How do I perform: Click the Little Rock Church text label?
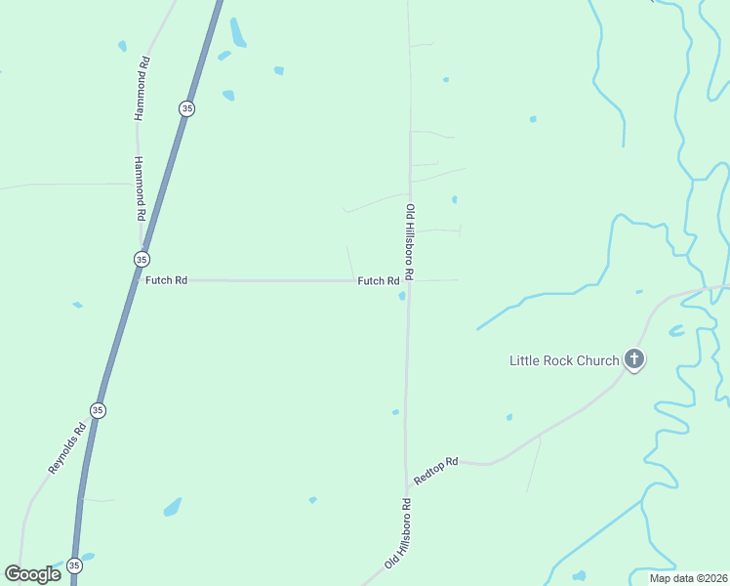(x=564, y=360)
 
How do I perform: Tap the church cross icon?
(x=634, y=360)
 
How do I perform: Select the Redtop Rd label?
(x=435, y=471)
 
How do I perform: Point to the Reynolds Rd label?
(x=67, y=448)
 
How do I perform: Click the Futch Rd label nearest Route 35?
(x=166, y=280)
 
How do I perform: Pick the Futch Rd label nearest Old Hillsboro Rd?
(x=379, y=280)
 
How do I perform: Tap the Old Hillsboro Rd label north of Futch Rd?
(x=411, y=239)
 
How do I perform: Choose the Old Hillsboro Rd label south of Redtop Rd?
(x=399, y=533)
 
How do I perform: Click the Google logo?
(x=32, y=574)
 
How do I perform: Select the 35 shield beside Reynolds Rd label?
(x=98, y=409)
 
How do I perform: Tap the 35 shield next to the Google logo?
(x=75, y=565)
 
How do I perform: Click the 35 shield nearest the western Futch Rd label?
(x=142, y=259)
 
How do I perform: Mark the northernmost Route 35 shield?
(x=185, y=108)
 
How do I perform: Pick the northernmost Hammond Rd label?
(x=143, y=88)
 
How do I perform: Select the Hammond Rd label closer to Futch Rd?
(x=141, y=188)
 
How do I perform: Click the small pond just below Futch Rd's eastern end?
(x=402, y=296)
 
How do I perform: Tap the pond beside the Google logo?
(x=86, y=557)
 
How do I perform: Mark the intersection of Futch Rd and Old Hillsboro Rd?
(x=409, y=281)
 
